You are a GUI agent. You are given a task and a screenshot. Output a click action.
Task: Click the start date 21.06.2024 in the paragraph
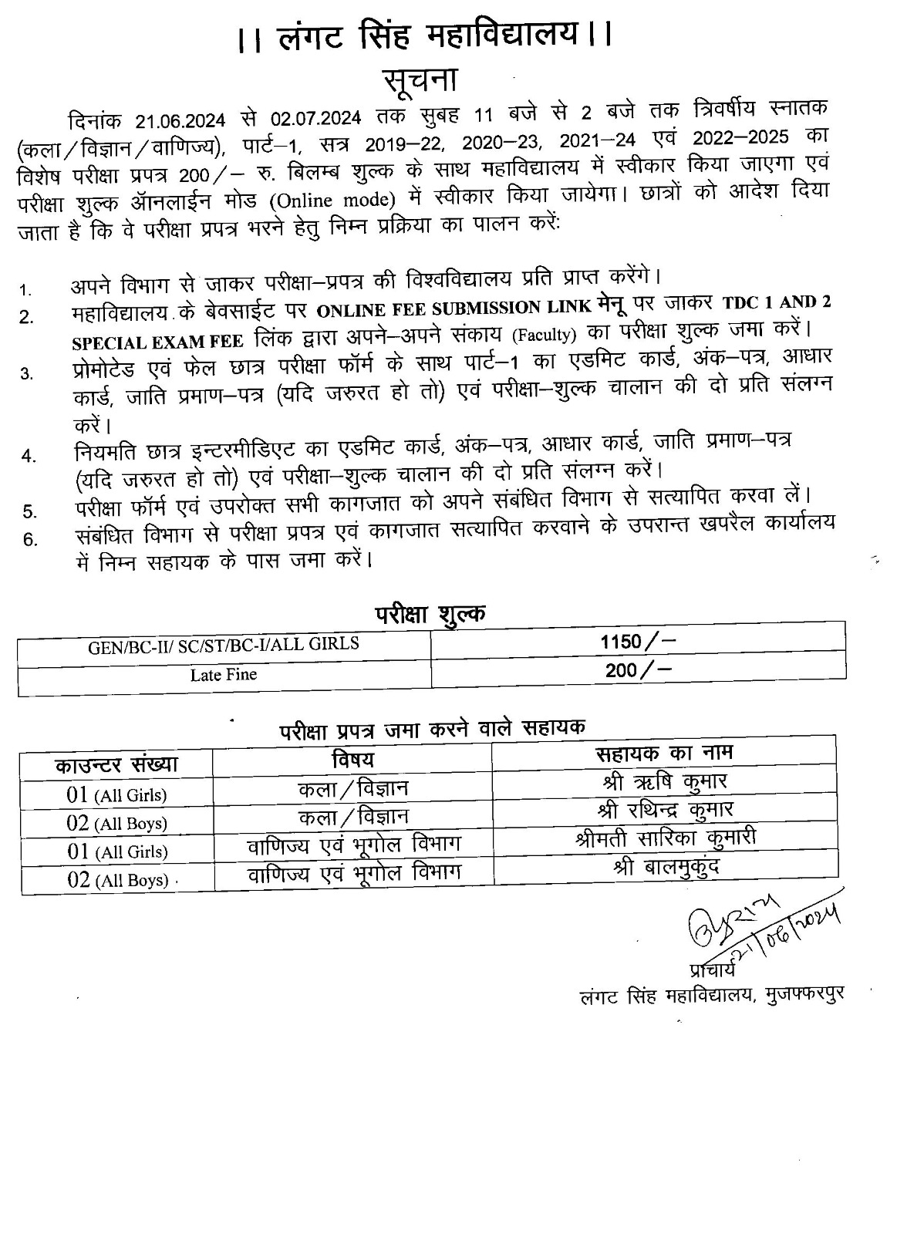pos(180,121)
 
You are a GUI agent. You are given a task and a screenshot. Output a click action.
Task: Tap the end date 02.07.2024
pos(316,120)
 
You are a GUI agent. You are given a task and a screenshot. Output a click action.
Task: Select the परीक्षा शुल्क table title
pos(430,614)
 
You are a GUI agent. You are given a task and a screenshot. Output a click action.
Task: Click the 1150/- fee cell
pos(637,642)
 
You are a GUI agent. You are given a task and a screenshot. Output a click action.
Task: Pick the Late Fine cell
pos(224,675)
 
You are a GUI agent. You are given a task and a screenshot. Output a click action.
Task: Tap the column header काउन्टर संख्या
pos(116,764)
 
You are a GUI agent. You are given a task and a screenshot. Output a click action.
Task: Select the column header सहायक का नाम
pos(664,752)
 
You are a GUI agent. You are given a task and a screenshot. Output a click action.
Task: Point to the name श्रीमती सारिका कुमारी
pos(665,838)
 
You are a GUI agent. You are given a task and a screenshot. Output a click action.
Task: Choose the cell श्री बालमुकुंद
pos(666,867)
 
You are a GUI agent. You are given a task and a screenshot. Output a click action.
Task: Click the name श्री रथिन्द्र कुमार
pos(665,809)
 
